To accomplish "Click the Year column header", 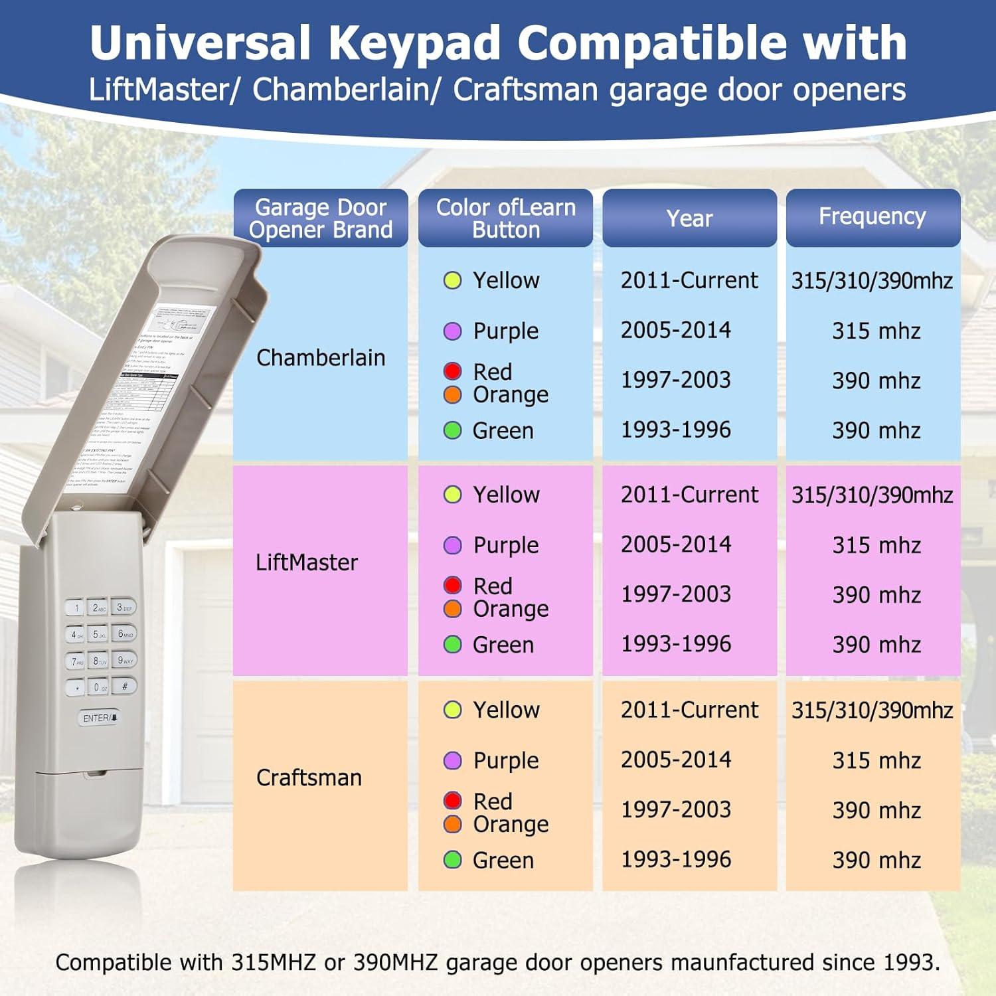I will coord(689,218).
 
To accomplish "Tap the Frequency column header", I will coord(872,216).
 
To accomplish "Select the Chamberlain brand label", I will coord(321,358).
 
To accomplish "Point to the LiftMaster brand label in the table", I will coord(307,562).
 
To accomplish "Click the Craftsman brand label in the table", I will coord(309,778).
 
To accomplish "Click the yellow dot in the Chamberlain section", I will coord(452,280).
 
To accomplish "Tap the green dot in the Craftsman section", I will coord(452,860).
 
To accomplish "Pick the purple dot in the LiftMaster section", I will coord(452,545).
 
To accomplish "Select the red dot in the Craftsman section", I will coord(452,801).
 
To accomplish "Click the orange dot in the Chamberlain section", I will coord(452,394).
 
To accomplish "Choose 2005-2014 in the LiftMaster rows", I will coord(676,544).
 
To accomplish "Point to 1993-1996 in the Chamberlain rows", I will coord(676,430).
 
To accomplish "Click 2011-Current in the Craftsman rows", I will coord(689,710).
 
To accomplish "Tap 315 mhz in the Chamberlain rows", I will coord(876,331).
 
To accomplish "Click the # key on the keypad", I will coord(124,686).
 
